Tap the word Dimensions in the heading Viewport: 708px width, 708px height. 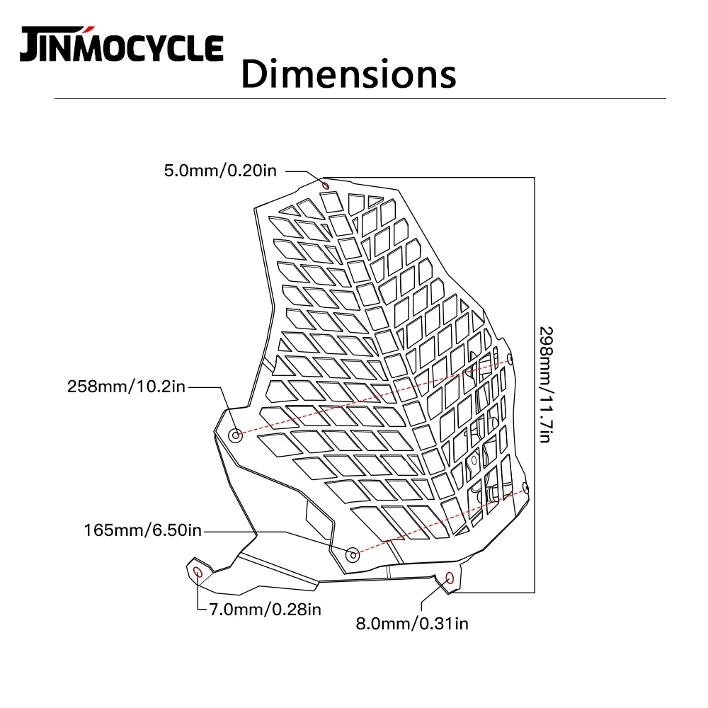[x=348, y=73]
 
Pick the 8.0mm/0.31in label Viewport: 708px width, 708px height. [x=411, y=623]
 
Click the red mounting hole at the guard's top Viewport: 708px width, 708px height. [x=326, y=185]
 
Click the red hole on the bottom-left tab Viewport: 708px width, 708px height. [x=198, y=571]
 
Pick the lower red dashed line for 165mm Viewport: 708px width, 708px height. [x=439, y=520]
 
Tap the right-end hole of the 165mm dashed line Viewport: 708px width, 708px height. [x=525, y=487]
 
